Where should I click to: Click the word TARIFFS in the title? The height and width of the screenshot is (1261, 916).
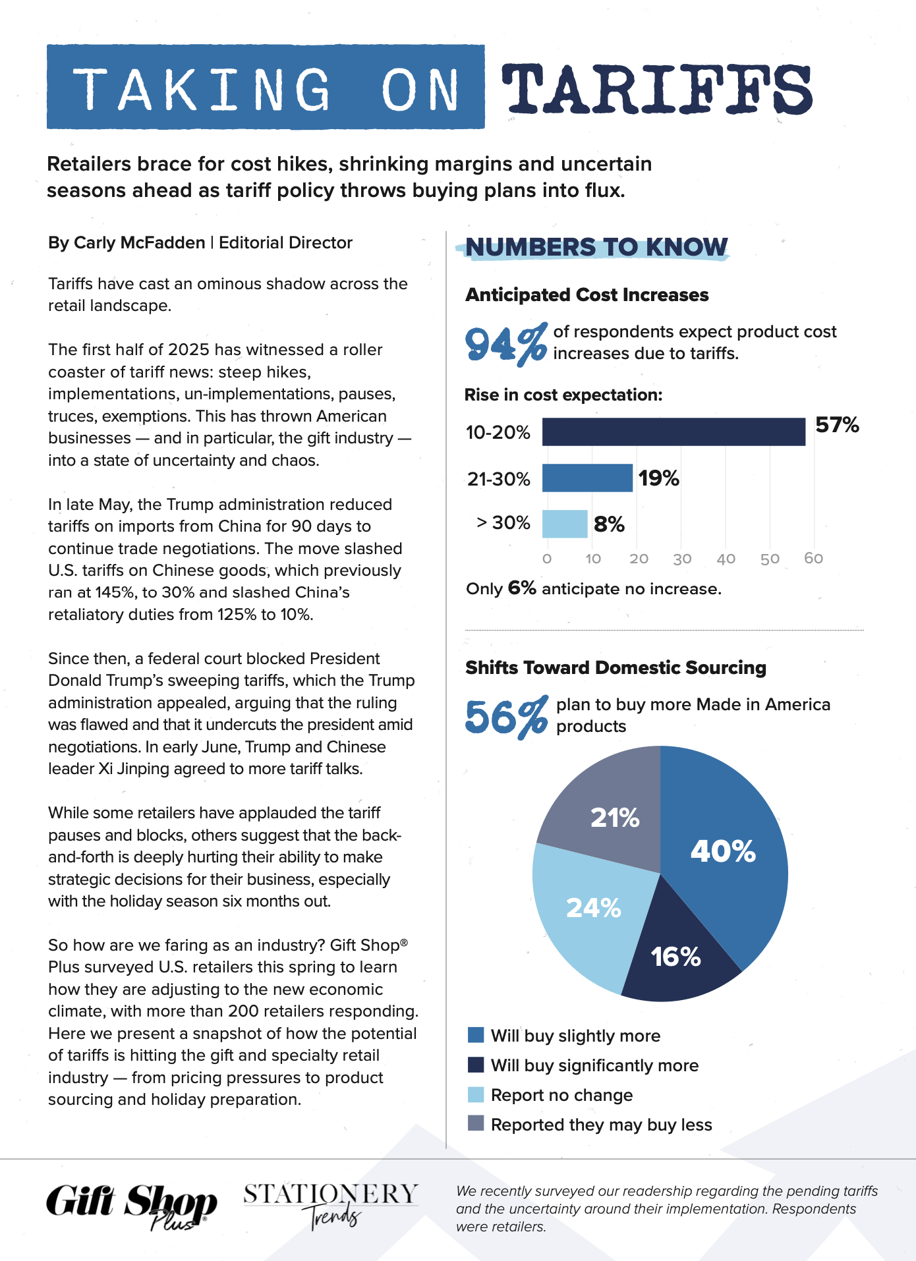[656, 90]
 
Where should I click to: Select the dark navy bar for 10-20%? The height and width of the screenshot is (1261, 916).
[673, 432]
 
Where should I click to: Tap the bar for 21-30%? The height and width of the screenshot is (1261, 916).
[587, 478]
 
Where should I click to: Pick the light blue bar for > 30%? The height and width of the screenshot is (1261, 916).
[565, 524]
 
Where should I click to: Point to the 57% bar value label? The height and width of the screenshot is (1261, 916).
[837, 425]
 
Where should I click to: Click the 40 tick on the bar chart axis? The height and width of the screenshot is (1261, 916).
[726, 559]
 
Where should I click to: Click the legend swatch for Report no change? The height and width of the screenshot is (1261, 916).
[475, 1095]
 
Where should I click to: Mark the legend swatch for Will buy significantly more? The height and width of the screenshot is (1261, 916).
[475, 1065]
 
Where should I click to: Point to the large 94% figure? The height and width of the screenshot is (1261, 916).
[505, 343]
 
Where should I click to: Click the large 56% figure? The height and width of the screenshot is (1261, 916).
[505, 716]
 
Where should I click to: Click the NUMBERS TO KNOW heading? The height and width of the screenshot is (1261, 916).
[596, 247]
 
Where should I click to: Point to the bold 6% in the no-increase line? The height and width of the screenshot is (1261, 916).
[521, 588]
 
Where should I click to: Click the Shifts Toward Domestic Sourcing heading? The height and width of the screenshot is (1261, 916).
[615, 667]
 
